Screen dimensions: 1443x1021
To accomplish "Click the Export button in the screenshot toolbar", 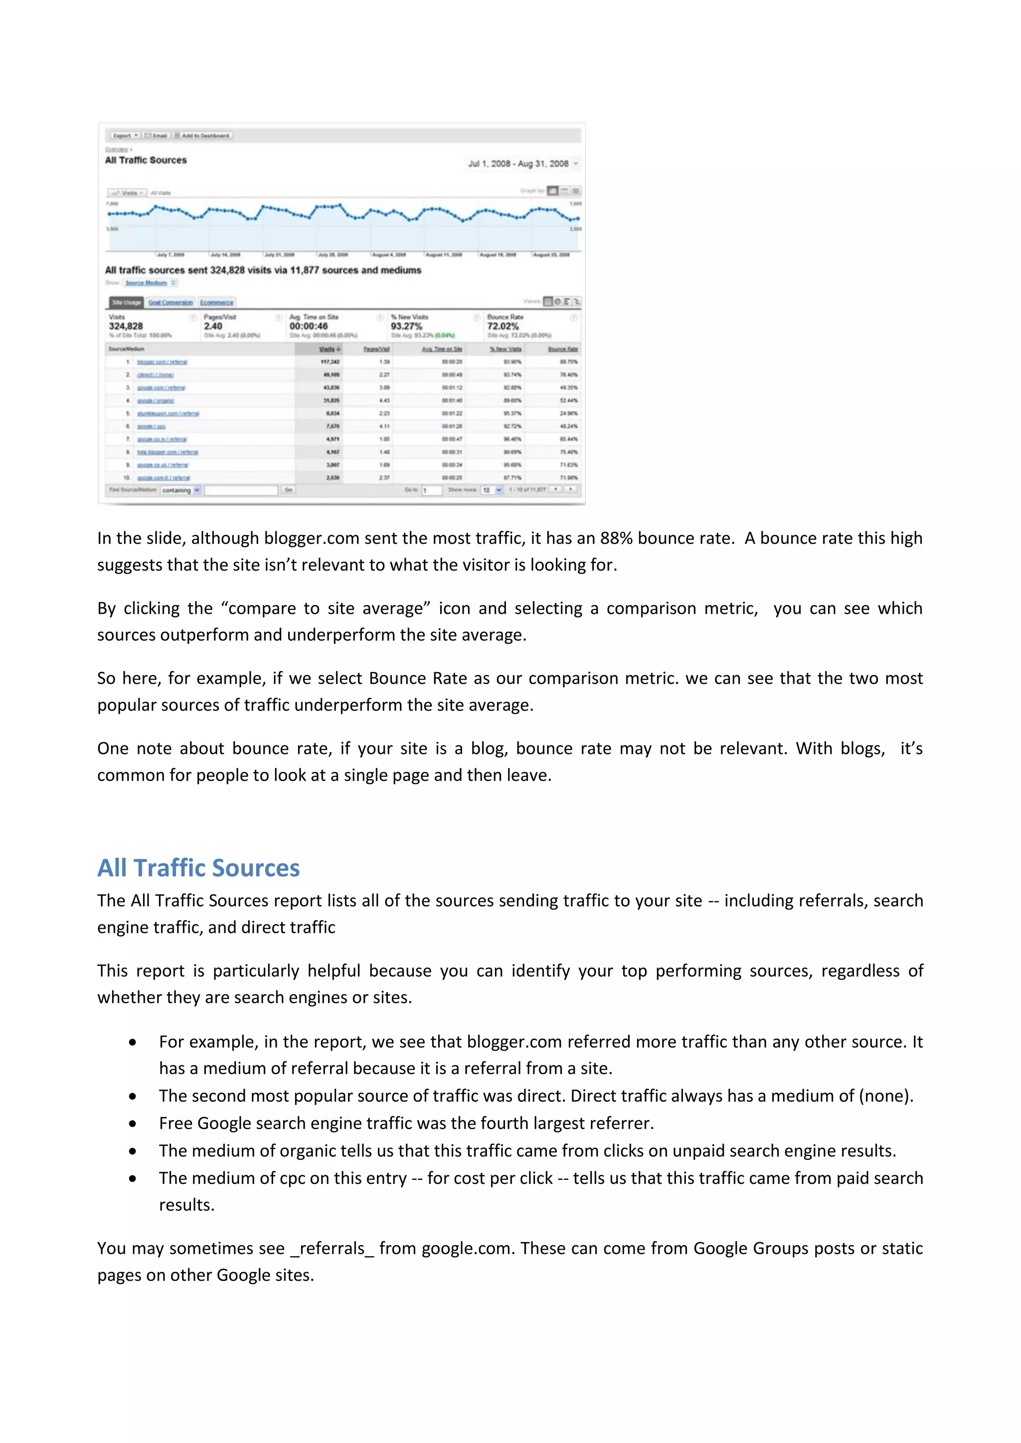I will pyautogui.click(x=125, y=135).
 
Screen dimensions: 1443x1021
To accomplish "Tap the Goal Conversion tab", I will pyautogui.click(x=170, y=302).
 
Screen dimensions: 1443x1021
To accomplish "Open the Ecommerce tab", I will pyautogui.click(x=216, y=302).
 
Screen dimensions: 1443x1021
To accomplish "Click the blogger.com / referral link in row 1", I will pyautogui.click(x=162, y=362).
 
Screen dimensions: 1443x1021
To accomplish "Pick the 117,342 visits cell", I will pyautogui.click(x=330, y=362).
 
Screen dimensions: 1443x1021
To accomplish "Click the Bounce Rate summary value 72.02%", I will pyautogui.click(x=503, y=326).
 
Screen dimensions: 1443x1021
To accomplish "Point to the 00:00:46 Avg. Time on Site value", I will pyautogui.click(x=308, y=326).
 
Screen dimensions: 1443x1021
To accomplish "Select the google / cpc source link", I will pyautogui.click(x=152, y=427).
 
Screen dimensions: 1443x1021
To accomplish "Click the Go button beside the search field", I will pyautogui.click(x=288, y=490).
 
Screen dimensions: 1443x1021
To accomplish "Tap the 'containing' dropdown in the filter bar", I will pyautogui.click(x=180, y=490).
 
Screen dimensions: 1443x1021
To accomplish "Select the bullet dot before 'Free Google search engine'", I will pyautogui.click(x=133, y=1124).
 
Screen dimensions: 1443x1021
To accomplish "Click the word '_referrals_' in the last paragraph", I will pyautogui.click(x=332, y=1248).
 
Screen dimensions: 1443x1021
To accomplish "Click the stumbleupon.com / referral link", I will pyautogui.click(x=168, y=414).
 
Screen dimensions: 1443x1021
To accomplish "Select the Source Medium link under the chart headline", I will pyautogui.click(x=146, y=283).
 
